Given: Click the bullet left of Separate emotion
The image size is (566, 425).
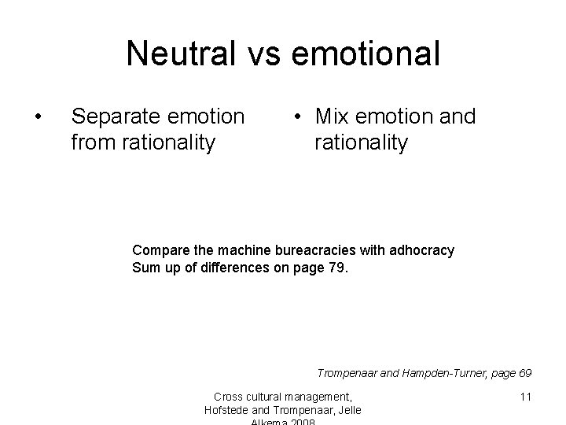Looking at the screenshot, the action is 38,117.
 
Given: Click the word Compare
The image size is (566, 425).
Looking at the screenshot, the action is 160,250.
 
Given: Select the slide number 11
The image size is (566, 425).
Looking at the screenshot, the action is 525,397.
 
